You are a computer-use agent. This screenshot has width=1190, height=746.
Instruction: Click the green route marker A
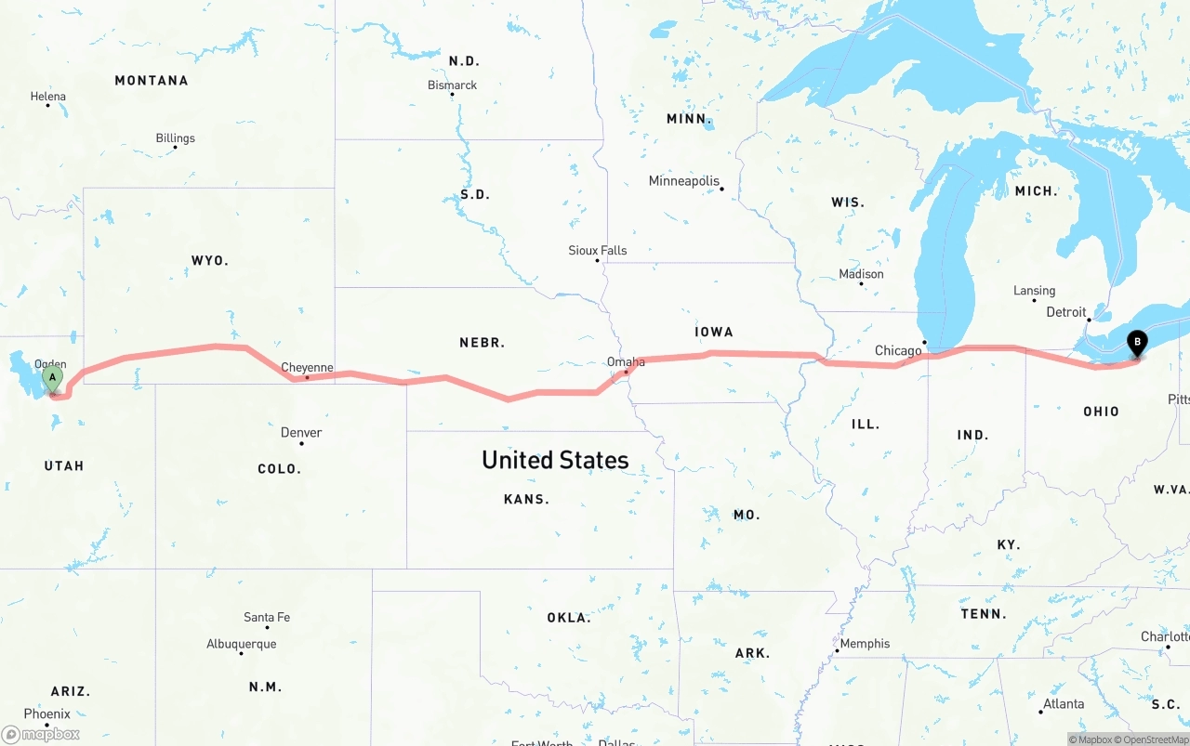pos(53,378)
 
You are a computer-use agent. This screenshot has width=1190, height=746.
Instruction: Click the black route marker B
pos(1136,343)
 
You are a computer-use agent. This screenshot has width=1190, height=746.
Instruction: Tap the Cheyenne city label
pos(307,368)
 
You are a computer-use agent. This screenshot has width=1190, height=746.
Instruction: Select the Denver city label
pos(301,433)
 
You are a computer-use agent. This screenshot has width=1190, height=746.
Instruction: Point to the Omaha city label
pos(626,362)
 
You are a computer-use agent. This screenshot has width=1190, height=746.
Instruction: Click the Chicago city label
pos(898,351)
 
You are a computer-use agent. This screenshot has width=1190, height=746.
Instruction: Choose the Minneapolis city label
pos(684,181)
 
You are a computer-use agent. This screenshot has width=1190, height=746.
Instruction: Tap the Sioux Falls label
pos(598,251)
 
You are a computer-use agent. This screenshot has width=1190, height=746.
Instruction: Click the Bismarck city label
pos(453,85)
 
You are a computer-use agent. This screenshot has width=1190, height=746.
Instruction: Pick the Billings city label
pos(176,138)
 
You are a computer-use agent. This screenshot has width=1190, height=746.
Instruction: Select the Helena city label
pos(48,97)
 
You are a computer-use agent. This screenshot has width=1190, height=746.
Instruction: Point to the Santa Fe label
pos(267,618)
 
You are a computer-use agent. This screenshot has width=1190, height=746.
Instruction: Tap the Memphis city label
pos(865,644)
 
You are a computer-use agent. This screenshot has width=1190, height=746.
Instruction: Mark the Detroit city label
pos(1066,312)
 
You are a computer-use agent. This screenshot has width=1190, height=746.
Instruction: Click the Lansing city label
pos(1035,291)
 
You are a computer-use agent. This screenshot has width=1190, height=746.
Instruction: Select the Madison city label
pos(862,275)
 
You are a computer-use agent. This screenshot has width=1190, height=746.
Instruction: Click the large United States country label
pos(555,460)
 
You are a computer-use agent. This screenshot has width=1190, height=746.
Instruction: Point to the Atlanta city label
pos(1064,704)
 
